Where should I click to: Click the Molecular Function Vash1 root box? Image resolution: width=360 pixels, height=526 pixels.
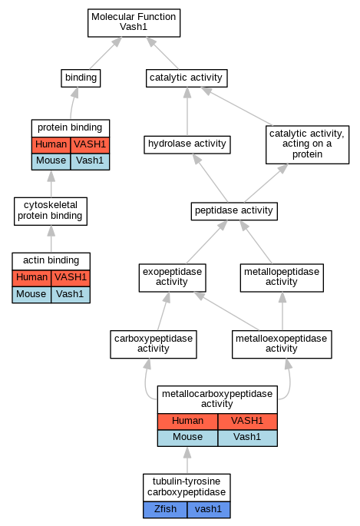click(x=134, y=23)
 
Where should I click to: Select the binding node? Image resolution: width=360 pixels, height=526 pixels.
click(x=81, y=78)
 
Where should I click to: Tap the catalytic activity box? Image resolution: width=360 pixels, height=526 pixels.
click(x=187, y=78)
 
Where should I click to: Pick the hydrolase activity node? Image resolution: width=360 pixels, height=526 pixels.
click(x=187, y=144)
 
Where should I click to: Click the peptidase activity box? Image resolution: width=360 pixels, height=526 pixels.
click(x=234, y=211)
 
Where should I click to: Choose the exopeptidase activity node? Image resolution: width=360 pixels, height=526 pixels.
click(x=172, y=277)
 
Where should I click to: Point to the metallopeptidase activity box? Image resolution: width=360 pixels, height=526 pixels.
click(x=282, y=277)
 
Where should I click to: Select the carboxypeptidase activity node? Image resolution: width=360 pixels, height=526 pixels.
click(x=154, y=344)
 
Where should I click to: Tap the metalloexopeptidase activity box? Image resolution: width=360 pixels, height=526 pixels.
click(x=282, y=344)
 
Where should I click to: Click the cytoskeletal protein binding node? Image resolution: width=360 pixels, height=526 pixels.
click(x=51, y=211)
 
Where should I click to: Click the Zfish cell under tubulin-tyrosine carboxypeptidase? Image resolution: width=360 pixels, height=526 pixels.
click(x=165, y=510)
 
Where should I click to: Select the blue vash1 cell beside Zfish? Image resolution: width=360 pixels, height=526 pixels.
click(x=209, y=510)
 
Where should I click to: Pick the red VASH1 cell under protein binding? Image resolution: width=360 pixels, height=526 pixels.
click(x=90, y=145)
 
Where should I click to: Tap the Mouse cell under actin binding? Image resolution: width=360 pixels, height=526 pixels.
click(x=31, y=295)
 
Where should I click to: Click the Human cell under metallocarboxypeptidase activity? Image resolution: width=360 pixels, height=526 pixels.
click(x=188, y=422)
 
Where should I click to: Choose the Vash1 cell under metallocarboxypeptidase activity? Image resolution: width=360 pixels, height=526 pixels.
click(x=247, y=438)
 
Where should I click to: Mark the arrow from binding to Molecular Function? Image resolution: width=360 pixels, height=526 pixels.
click(x=105, y=53)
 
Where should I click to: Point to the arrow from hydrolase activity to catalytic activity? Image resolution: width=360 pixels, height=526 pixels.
click(x=187, y=111)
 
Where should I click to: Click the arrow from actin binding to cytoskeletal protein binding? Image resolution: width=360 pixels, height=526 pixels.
click(x=51, y=239)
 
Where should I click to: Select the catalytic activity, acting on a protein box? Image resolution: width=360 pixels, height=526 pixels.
click(x=307, y=144)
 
